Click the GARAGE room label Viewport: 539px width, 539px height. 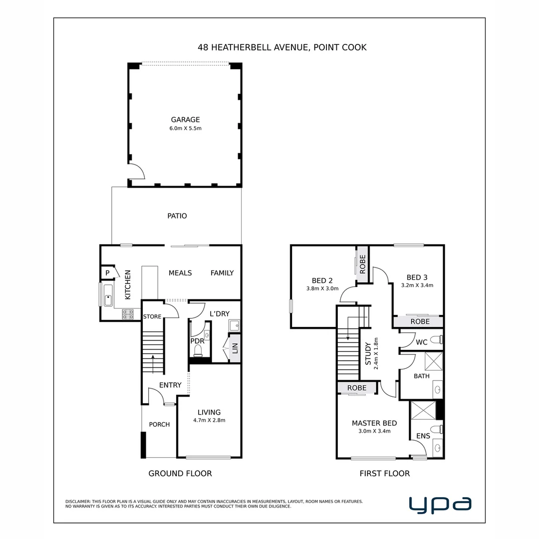(185, 120)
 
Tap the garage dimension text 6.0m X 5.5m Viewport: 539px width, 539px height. (185, 129)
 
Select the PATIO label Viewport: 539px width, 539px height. (177, 216)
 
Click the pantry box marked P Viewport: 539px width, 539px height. (108, 273)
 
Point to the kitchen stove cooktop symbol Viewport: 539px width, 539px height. (128, 314)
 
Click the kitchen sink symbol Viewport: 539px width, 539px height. (108, 295)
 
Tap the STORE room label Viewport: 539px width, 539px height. (152, 316)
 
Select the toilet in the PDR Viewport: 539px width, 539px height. (198, 351)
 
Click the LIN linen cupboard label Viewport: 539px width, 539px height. (235, 348)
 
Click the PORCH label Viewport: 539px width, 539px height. (160, 425)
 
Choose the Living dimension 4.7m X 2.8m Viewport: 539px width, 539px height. (209, 420)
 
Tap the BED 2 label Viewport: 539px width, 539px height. (322, 280)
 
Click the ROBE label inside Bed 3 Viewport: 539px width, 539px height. (420, 321)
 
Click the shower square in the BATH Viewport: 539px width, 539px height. (434, 361)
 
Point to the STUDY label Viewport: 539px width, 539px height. (368, 354)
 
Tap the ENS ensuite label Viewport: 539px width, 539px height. (423, 436)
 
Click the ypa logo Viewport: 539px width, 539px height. (440, 505)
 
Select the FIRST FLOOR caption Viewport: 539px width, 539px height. (385, 473)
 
